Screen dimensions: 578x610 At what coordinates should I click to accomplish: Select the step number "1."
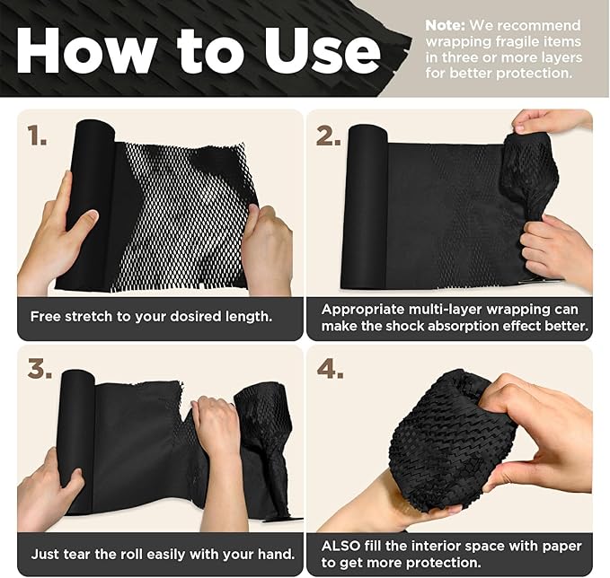pyautogui.click(x=37, y=136)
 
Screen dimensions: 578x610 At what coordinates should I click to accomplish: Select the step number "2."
pyautogui.click(x=329, y=136)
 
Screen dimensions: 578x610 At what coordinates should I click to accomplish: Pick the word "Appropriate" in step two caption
pyautogui.click(x=363, y=308)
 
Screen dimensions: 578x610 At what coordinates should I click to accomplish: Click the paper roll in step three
pyautogui.click(x=77, y=440)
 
